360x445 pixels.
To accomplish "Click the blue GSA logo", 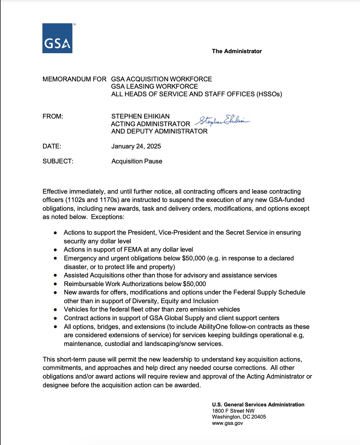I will click(57, 38).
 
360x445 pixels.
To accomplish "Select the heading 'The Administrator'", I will click(237, 51).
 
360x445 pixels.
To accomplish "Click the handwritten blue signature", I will click(222, 121).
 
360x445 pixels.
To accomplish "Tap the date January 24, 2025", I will click(136, 146).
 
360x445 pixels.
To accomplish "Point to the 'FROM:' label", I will click(53, 116).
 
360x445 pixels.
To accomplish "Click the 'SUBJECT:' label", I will click(58, 161).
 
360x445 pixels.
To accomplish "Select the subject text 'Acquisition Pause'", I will click(137, 161).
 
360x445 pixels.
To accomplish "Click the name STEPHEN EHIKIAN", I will click(140, 116).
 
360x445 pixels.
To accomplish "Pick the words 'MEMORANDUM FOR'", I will click(74, 79).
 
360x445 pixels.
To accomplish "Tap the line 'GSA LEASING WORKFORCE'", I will click(154, 87).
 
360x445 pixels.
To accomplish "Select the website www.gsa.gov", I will click(227, 423).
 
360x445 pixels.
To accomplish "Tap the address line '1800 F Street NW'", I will click(233, 411).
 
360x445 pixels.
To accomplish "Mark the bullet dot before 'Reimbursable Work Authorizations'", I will click(56, 284).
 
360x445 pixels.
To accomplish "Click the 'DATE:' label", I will click(52, 146).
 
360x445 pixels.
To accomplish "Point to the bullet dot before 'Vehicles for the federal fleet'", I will click(56, 309).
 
